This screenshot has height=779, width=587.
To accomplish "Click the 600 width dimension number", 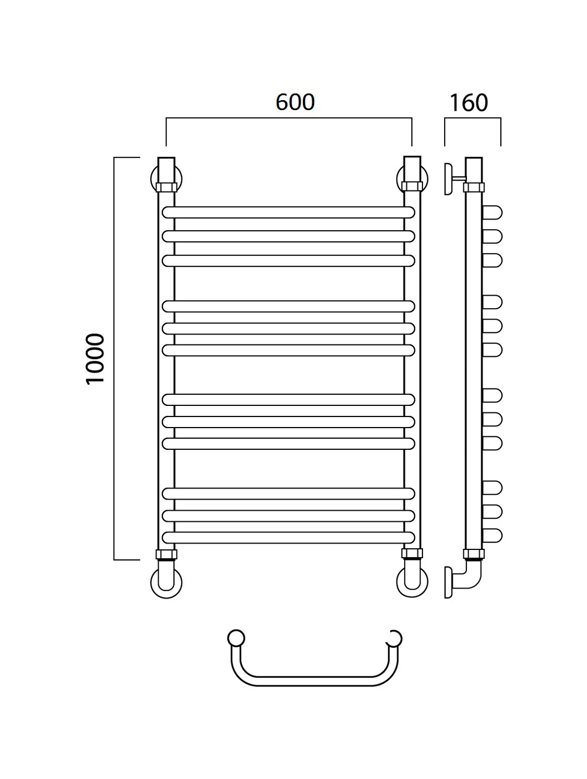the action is pos(295,102).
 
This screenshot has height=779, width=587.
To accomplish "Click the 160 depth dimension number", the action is pos(469,102).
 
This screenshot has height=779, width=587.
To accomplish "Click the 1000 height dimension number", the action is pos(95,358).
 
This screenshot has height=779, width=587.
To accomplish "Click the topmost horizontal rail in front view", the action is pos(289,212).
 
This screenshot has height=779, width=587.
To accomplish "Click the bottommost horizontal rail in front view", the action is pos(289,537).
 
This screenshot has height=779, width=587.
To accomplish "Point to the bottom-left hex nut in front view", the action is pos(166,554).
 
